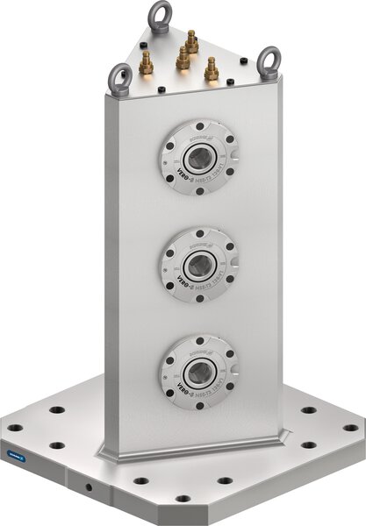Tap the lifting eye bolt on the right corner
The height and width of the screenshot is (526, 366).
(x=267, y=61)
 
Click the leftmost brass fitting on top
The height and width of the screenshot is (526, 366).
(x=147, y=63)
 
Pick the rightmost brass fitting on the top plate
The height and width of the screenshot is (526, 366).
(x=212, y=68)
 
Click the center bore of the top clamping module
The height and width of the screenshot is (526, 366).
(x=199, y=158)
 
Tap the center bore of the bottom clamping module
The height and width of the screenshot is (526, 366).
(x=199, y=369)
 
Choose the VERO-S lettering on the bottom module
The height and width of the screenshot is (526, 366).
(x=180, y=380)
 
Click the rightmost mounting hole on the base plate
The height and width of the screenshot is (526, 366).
(x=351, y=428)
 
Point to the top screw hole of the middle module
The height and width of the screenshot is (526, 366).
(x=199, y=232)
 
